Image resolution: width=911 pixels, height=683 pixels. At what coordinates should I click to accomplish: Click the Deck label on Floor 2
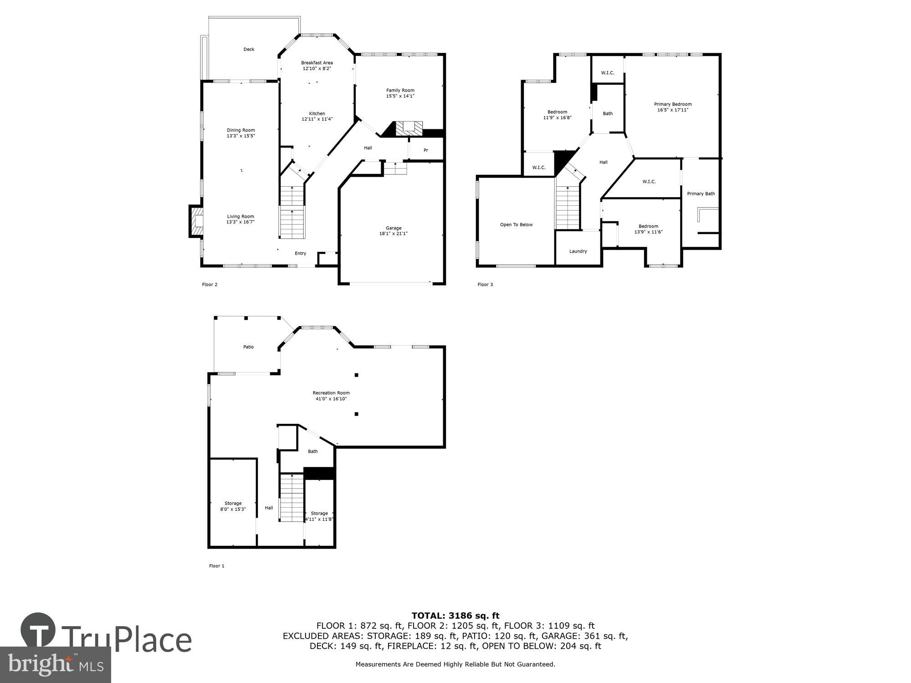coord(249,49)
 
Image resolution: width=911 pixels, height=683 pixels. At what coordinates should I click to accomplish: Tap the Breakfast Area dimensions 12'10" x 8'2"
coord(317,69)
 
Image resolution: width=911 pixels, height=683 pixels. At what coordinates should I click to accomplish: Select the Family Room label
coord(400,90)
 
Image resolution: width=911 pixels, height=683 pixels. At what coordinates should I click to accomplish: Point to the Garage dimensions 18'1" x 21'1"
coord(394,234)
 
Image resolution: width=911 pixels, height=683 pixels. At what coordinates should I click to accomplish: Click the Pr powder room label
coord(426,150)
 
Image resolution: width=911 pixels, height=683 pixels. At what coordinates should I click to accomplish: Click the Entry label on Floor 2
coord(300,253)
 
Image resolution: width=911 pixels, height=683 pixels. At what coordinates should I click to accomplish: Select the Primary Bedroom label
coord(673,104)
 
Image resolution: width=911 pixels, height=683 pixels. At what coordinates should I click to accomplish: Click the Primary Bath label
coord(701,194)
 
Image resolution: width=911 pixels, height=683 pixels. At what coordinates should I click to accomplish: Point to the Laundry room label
coord(578,251)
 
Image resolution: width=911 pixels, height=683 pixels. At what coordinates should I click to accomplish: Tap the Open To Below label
coord(516,224)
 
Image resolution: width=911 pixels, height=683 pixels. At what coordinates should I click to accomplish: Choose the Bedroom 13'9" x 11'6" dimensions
coord(648,232)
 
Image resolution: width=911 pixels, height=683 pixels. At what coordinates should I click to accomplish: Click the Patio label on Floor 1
coord(248,347)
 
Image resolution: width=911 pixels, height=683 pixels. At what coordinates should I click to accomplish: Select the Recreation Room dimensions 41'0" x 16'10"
coord(331,399)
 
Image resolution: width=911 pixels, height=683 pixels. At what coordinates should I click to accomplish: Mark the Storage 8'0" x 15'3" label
coord(233,503)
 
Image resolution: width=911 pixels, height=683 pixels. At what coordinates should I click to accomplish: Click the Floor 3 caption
coord(485,285)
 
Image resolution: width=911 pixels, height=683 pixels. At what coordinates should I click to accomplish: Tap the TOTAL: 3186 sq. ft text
coord(455,616)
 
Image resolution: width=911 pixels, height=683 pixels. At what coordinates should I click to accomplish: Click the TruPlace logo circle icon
coord(38,631)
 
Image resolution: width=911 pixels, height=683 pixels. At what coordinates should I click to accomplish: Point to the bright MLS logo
coord(56,665)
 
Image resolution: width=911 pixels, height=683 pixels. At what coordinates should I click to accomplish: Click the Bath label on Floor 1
coord(312,451)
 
